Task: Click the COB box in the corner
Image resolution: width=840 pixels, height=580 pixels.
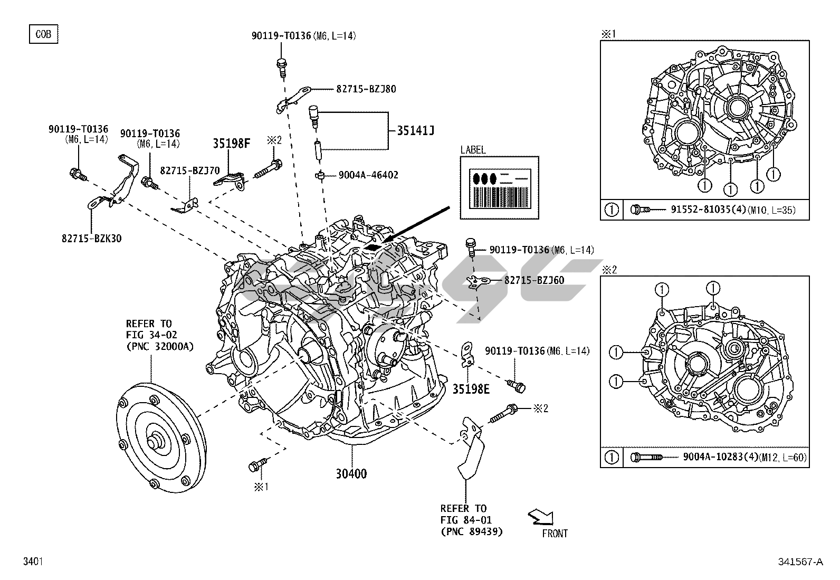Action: [43, 34]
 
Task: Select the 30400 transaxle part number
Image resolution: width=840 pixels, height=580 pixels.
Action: [351, 474]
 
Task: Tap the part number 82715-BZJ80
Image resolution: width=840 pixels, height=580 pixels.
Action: [366, 89]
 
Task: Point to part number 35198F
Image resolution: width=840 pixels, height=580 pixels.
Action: [231, 142]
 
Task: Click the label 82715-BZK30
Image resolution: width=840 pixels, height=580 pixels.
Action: [91, 238]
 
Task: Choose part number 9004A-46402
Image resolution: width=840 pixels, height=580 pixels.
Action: [368, 175]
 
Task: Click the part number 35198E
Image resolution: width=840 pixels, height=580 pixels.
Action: [471, 389]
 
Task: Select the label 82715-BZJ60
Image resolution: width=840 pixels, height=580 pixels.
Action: [534, 280]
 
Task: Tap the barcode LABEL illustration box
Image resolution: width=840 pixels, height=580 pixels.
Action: [499, 187]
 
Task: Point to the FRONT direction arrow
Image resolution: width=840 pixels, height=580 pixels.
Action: [541, 516]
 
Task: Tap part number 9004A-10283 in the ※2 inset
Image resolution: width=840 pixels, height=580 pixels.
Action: [713, 457]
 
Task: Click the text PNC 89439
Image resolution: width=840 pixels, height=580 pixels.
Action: [471, 532]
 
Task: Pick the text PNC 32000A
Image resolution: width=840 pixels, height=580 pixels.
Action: [159, 346]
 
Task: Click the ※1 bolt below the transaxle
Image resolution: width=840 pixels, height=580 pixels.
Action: [257, 465]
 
